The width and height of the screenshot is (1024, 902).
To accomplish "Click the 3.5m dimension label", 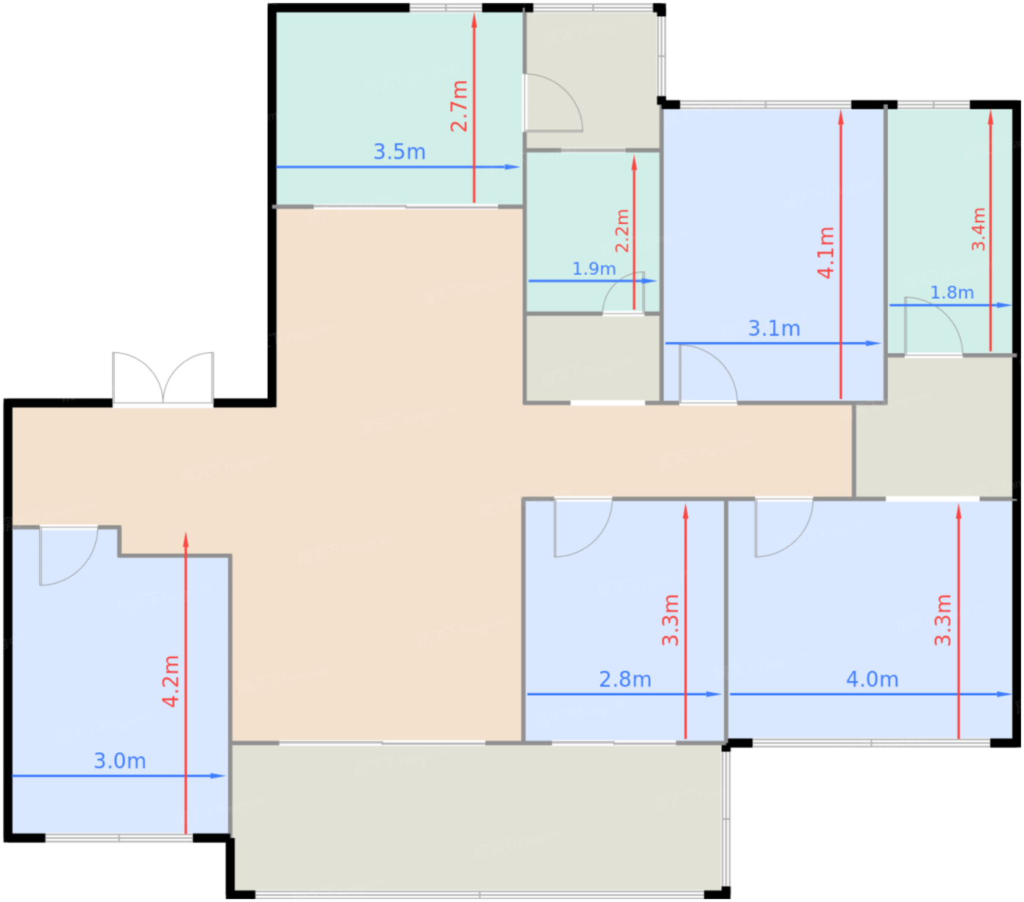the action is click(x=399, y=152).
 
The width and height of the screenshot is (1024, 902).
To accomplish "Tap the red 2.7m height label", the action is click(x=459, y=106).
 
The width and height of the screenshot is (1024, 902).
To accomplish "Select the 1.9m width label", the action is click(x=594, y=269).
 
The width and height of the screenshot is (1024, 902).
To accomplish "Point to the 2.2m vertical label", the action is click(x=622, y=231).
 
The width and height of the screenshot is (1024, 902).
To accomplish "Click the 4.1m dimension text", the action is click(x=826, y=252).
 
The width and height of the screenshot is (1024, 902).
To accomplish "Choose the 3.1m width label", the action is click(x=774, y=329).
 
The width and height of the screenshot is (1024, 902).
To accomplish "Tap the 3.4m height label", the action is click(x=979, y=230).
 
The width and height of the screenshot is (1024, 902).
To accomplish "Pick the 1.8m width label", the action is click(x=952, y=293).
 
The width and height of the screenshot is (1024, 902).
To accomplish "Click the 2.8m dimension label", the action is click(x=625, y=680).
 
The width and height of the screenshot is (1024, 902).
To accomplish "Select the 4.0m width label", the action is click(x=872, y=680).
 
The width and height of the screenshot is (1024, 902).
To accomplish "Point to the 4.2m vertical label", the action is click(x=170, y=681).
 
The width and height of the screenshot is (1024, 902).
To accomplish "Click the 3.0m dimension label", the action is click(x=120, y=761).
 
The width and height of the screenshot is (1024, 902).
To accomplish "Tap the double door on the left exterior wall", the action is click(x=163, y=378).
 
